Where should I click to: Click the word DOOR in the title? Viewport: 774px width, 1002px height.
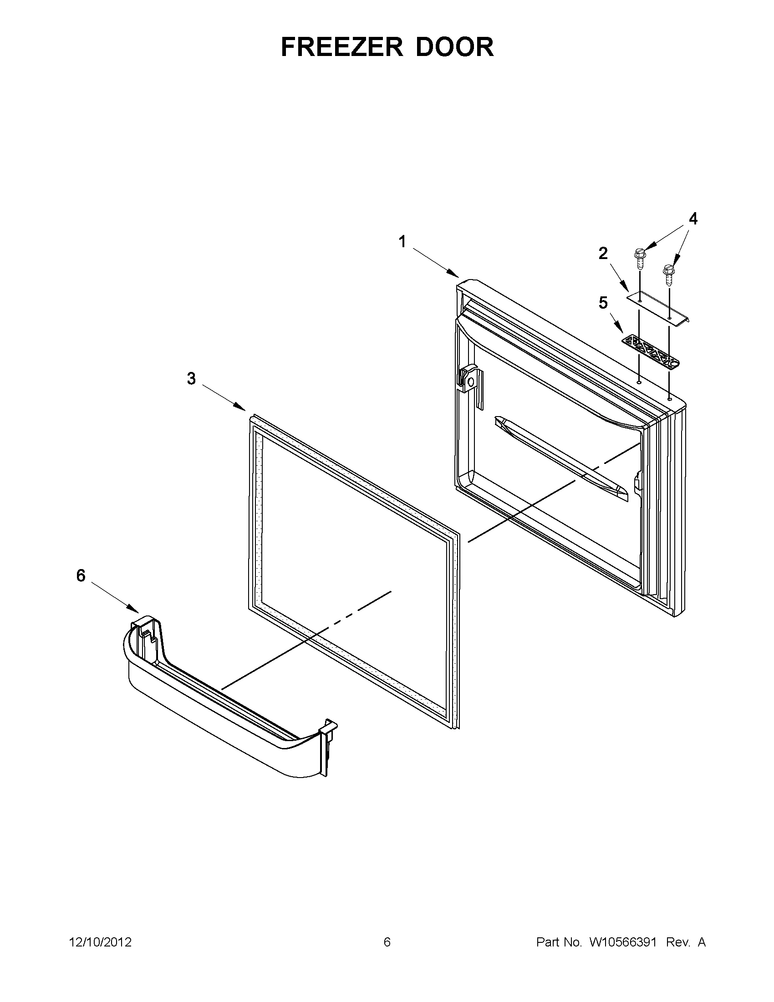pyautogui.click(x=455, y=47)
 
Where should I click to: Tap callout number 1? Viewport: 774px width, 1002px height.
pyautogui.click(x=402, y=241)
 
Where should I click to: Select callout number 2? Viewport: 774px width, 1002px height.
pyautogui.click(x=603, y=253)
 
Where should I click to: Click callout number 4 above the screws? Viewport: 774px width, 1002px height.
pyautogui.click(x=693, y=219)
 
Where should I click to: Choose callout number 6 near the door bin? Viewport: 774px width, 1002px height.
pyautogui.click(x=81, y=575)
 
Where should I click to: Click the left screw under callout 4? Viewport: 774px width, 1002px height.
pyautogui.click(x=639, y=259)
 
